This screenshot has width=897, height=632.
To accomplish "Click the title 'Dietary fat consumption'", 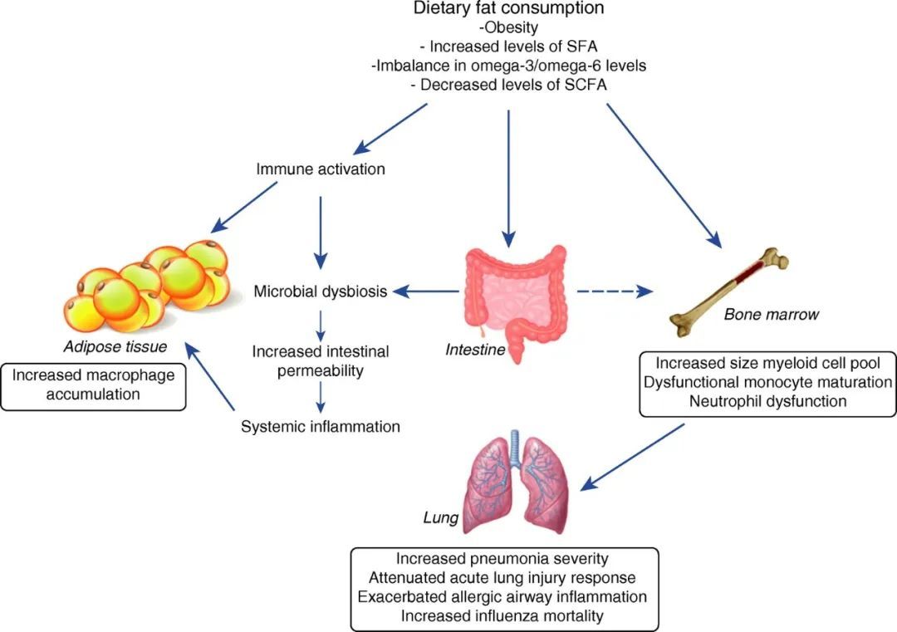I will (508, 9).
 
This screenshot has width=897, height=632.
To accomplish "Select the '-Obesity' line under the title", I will (508, 27).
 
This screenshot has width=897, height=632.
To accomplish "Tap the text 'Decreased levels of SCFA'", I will (508, 83).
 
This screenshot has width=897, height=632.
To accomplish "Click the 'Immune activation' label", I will (321, 169).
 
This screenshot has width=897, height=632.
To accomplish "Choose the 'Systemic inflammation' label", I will (321, 427).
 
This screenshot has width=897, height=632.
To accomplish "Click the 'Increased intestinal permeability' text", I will (320, 360).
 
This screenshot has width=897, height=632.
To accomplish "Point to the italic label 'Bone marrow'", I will (772, 315).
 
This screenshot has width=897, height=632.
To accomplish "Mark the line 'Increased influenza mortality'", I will (503, 615).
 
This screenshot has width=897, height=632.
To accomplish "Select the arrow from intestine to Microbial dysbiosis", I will (425, 292).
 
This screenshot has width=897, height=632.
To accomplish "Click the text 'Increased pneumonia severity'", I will (503, 559).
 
